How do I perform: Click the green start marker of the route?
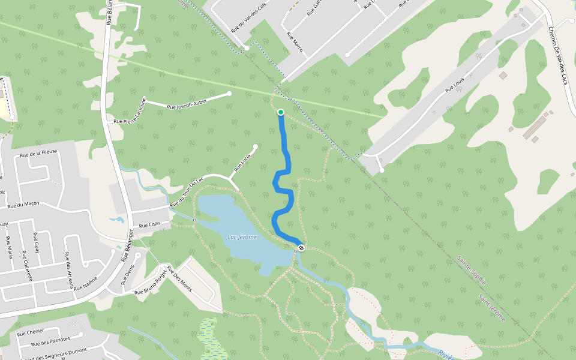[280, 112]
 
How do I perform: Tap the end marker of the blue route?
[301, 248]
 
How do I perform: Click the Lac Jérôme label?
[242, 237]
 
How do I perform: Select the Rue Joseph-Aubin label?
[187, 104]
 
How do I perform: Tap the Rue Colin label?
[149, 225]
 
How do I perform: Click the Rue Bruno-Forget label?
[150, 284]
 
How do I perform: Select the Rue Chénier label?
[30, 332]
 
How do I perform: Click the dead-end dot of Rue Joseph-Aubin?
[229, 94]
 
